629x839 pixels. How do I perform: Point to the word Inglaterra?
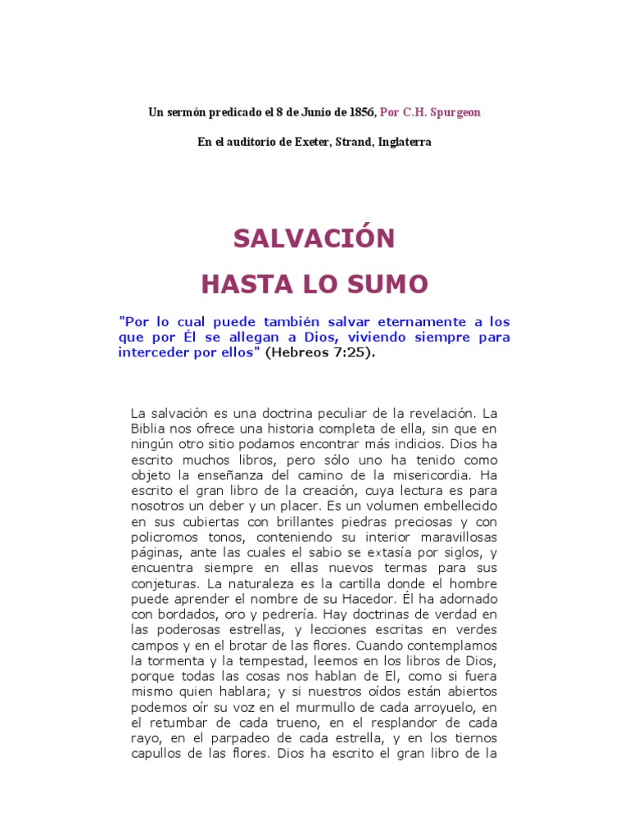point(405,142)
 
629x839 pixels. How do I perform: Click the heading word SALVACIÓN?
point(314,238)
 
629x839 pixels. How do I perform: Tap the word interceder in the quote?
point(152,352)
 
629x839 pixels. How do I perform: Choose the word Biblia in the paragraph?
point(149,429)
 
